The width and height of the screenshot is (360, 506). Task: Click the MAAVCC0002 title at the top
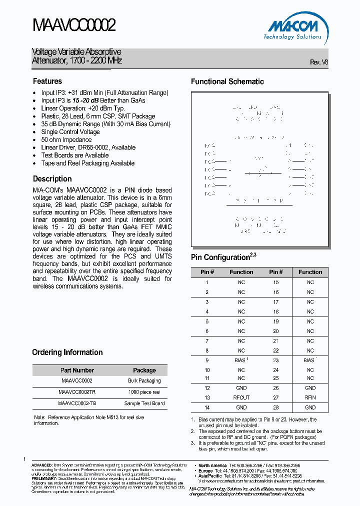74,25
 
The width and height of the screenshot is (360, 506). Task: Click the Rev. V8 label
319,62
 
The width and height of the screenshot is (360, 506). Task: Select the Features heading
47,81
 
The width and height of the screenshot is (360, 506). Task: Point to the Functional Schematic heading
227,81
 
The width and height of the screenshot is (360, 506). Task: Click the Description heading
52,179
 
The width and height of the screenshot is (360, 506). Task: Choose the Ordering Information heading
67,352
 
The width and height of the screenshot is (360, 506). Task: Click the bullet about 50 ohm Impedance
66,139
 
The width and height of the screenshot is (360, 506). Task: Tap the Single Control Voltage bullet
70,132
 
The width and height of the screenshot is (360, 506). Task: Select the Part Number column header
76,370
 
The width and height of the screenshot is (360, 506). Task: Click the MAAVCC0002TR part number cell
76,392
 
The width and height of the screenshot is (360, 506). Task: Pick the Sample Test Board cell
144,403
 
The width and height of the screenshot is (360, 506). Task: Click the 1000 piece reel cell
144,392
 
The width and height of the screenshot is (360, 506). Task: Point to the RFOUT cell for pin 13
241,397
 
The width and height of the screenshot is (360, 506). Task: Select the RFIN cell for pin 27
310,397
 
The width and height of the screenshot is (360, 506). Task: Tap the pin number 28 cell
276,407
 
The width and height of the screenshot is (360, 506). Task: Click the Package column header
144,370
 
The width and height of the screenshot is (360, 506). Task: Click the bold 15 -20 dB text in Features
86,100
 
